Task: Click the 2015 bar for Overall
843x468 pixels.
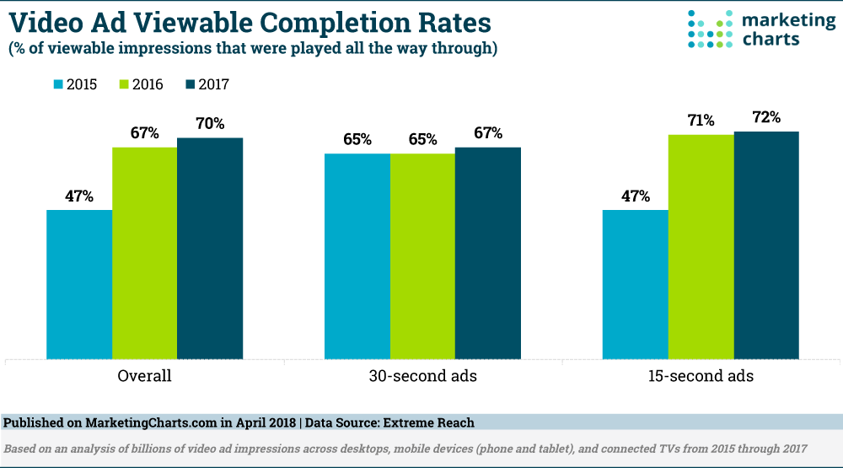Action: (79, 284)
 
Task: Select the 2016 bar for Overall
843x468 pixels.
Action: (144, 253)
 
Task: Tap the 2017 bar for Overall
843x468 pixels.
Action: (210, 248)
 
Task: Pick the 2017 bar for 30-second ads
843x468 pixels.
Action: (488, 253)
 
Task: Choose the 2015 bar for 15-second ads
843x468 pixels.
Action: (636, 284)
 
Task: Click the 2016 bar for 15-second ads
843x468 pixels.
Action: (701, 246)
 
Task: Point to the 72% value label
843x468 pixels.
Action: (765, 117)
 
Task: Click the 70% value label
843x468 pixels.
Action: (210, 123)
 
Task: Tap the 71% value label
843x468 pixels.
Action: (701, 121)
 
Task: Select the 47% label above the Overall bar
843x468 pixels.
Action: (79, 196)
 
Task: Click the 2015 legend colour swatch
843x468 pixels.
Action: (59, 84)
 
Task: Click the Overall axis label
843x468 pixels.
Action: (144, 376)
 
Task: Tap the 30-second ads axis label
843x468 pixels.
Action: (422, 376)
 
